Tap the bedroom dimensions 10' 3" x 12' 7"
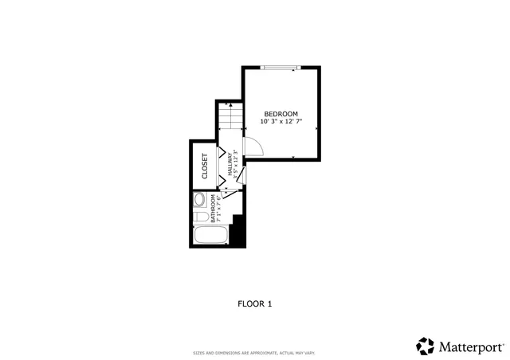[x=281, y=123]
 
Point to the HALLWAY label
[x=229, y=164]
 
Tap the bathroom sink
[x=200, y=200]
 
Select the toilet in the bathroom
[x=202, y=216]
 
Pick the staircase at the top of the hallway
[x=229, y=118]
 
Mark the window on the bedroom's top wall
[x=278, y=68]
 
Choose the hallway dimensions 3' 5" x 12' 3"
[x=236, y=164]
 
